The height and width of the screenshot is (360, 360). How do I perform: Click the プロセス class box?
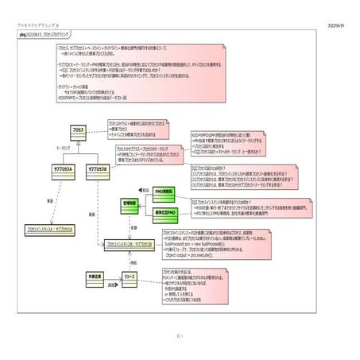(x=78, y=129)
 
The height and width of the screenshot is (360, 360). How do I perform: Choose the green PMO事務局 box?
(x=165, y=192)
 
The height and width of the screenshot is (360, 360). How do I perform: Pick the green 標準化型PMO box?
(x=166, y=214)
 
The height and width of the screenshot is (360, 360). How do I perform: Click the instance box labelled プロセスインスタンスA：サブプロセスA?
(x=52, y=229)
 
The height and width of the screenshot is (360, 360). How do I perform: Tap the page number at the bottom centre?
(x=180, y=336)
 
